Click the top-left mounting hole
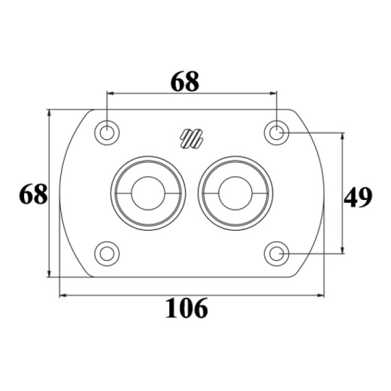pos(107,132)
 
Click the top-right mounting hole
pos(277,132)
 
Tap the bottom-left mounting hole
pos(107,253)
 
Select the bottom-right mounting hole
pos(277,253)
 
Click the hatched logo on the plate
pos(192,138)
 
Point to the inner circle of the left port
pos(148,193)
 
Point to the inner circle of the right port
pos(235,193)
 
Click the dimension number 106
pos(186,308)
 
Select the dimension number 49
pos(358,198)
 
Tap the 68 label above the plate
pos(185,82)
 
